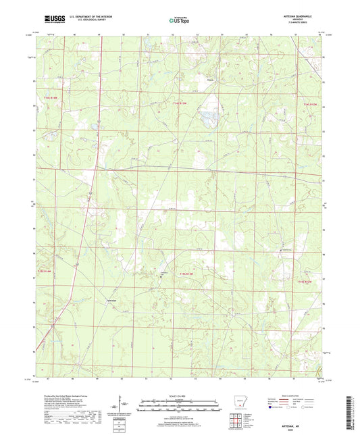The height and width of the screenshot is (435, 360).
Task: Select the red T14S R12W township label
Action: [x=309, y=105]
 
